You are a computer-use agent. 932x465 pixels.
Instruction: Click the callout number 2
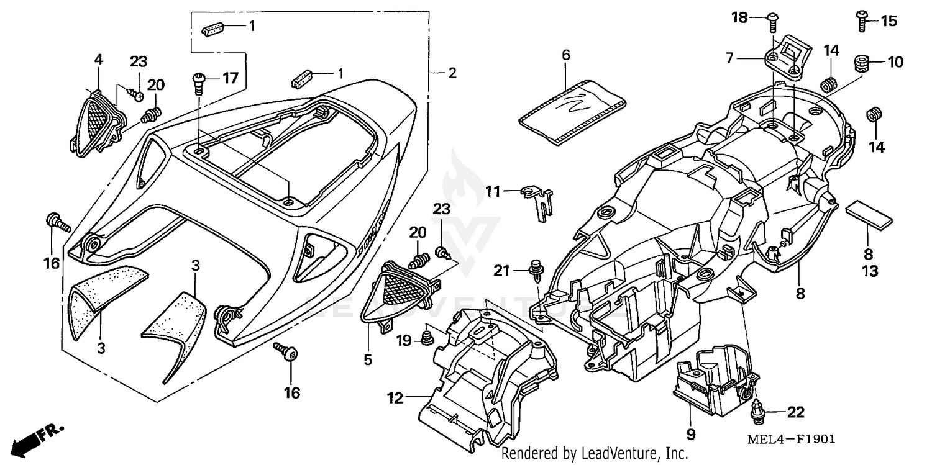point(452,73)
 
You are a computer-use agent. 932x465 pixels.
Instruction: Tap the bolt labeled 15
point(862,20)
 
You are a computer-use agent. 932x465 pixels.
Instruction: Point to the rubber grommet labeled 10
point(861,63)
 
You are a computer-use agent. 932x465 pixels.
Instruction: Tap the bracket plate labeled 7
point(785,58)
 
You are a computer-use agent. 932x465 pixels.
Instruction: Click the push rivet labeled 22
point(757,409)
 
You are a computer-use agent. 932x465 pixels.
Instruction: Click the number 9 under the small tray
point(691,433)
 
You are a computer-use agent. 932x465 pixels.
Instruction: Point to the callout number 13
point(870,271)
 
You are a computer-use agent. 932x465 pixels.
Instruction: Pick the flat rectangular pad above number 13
point(869,213)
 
